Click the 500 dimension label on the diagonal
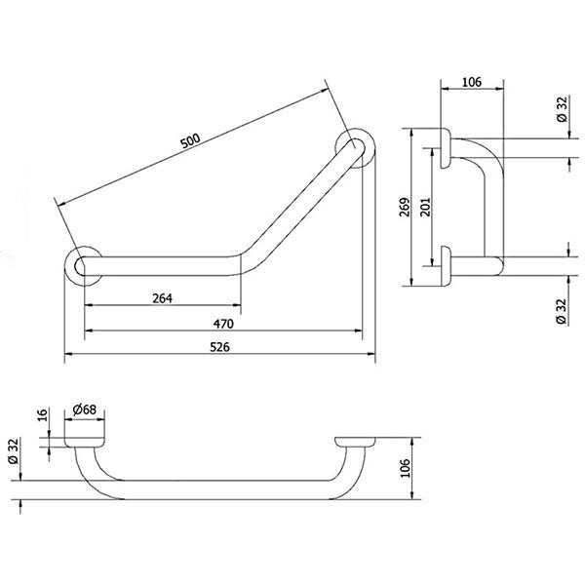coord(191,141)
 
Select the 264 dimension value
coord(162,297)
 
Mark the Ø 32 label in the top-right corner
coord(562,108)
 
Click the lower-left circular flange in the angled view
coord(82,265)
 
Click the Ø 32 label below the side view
coord(562,307)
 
